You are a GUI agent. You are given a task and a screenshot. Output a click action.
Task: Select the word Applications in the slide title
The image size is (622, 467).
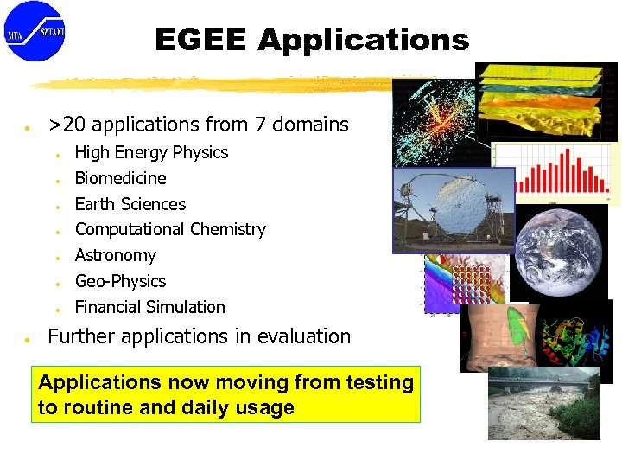tap(363, 40)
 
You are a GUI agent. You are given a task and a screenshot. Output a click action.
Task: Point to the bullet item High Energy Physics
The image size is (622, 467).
tap(151, 152)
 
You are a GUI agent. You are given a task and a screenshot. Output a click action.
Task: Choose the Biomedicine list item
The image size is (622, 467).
tap(120, 178)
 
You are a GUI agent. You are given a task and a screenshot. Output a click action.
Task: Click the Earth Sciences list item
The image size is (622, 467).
tap(130, 204)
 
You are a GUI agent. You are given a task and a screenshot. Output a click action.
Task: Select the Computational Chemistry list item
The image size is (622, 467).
tap(170, 229)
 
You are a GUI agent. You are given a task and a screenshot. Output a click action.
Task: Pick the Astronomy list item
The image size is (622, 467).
tap(115, 255)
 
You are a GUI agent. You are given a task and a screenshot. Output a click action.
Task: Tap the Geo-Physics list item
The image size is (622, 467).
tap(120, 281)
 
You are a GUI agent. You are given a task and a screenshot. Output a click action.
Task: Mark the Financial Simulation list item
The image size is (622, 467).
tap(149, 307)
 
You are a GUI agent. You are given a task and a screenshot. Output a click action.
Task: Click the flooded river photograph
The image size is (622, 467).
tap(543, 403)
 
